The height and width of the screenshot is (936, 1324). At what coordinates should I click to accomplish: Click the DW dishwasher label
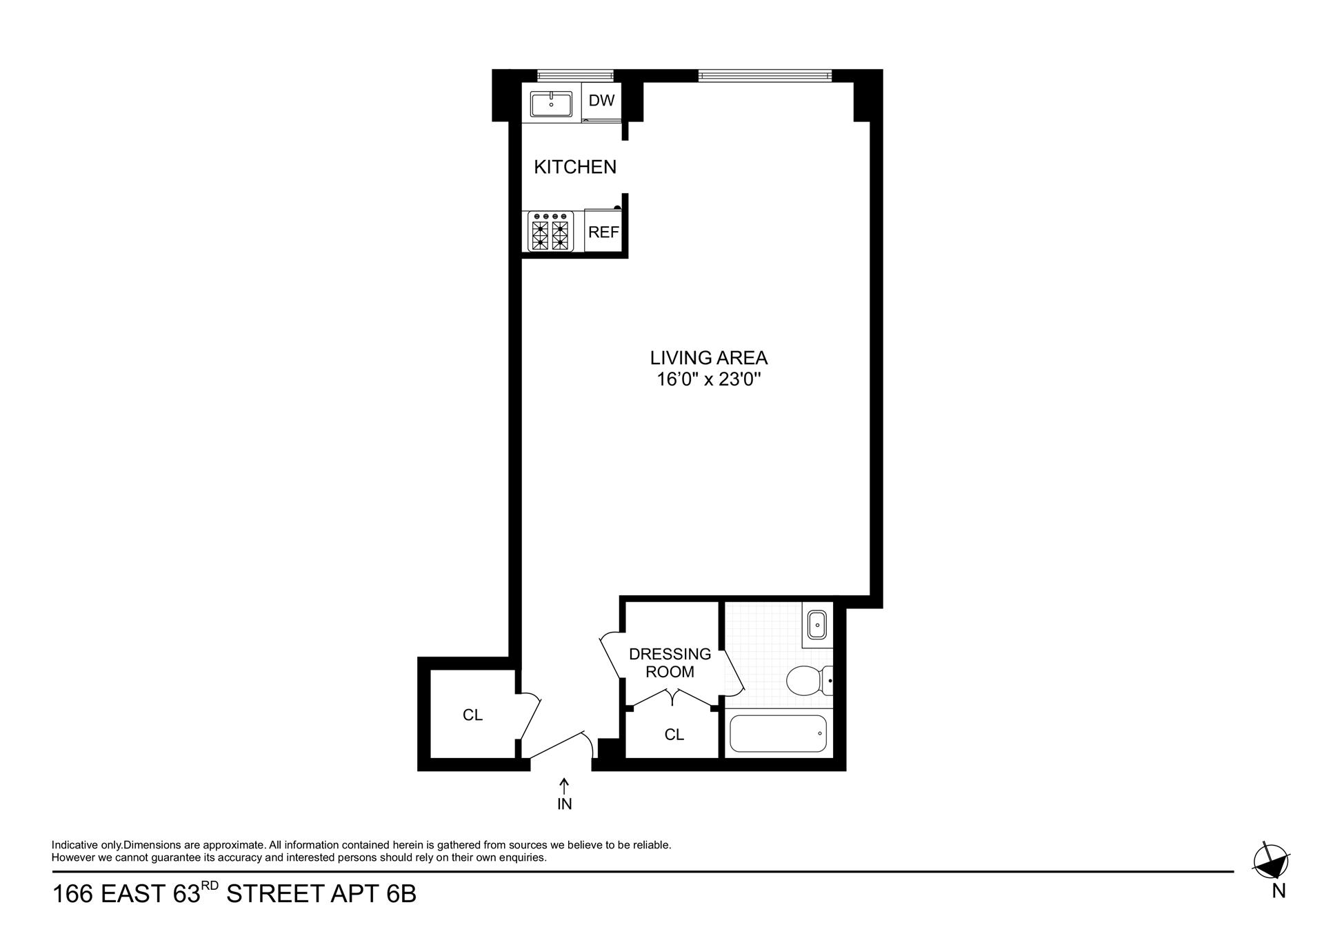(601, 101)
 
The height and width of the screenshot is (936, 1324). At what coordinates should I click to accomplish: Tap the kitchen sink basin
(551, 104)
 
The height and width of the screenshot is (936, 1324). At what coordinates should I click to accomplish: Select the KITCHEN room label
(575, 167)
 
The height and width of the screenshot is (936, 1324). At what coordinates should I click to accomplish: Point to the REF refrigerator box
(603, 232)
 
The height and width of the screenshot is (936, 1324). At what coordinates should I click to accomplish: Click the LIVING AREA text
(708, 358)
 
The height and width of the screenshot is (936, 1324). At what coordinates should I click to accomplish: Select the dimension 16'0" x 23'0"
(708, 379)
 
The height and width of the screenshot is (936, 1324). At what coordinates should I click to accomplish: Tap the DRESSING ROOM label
(670, 662)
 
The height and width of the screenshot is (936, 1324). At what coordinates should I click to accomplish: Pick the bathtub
(777, 733)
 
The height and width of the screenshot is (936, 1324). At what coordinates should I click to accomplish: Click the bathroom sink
(817, 626)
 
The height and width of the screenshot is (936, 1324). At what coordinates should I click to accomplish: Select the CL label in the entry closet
(472, 715)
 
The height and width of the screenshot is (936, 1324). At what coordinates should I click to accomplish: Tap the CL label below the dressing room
(674, 735)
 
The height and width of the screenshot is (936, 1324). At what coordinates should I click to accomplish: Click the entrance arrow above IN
(564, 786)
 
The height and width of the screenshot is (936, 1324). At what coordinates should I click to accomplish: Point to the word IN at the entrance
(564, 804)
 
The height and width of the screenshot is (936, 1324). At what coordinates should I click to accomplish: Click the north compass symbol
(1271, 861)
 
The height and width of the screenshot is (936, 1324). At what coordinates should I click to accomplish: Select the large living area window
(764, 75)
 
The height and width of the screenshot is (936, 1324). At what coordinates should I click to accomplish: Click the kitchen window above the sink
(574, 75)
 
